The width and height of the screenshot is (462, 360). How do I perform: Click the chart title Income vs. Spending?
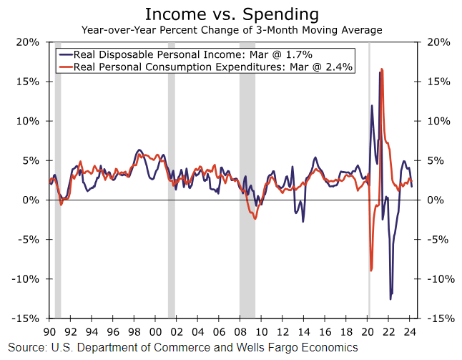pyautogui.click(x=232, y=14)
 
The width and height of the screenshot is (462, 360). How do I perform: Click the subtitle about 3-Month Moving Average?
pyautogui.click(x=232, y=30)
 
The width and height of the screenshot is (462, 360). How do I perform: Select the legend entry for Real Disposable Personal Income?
pyautogui.click(x=193, y=54)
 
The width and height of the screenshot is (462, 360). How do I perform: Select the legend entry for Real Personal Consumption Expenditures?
pyautogui.click(x=205, y=67)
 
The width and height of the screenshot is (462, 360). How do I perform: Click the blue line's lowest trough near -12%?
pyautogui.click(x=390, y=299)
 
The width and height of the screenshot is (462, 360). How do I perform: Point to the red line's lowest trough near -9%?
pyautogui.click(x=372, y=271)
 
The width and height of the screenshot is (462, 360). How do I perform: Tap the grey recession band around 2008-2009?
pyautogui.click(x=247, y=179)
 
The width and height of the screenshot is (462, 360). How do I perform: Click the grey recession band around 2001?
pyautogui.click(x=172, y=179)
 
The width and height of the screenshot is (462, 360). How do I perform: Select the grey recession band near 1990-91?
pyautogui.click(x=58, y=179)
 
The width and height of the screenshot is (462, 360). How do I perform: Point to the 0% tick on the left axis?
pyautogui.click(x=29, y=200)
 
